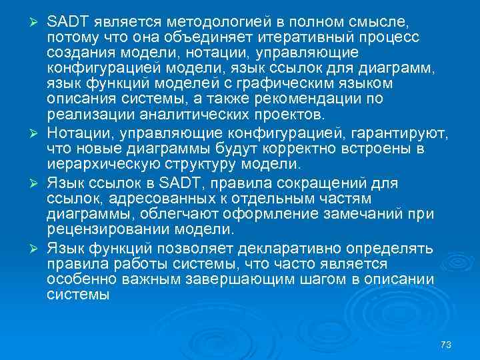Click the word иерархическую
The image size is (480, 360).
pos(92,164)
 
